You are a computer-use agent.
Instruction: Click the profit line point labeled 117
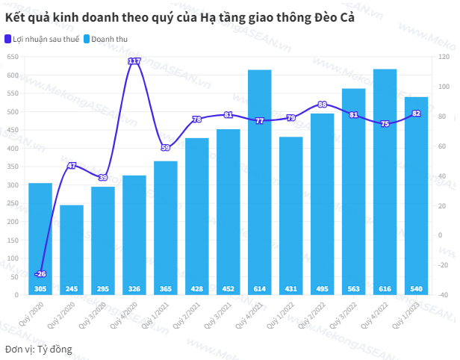[134, 60]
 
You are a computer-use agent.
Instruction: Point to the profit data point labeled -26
[40, 274]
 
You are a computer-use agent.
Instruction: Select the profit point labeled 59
[166, 147]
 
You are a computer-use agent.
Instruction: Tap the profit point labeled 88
[322, 105]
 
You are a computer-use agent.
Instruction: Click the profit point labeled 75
[385, 124]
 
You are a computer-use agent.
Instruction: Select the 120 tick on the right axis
[444, 58]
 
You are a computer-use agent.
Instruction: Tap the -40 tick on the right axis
[444, 295]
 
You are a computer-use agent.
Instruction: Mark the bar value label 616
[385, 289]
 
